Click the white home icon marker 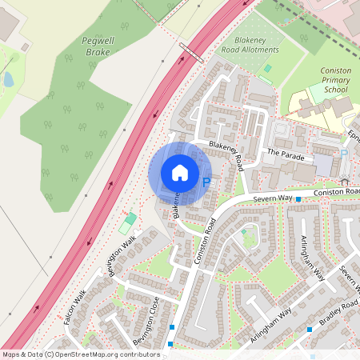point(180,172)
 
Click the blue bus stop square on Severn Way point(298,198)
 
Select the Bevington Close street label point(146,320)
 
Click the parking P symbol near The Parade point(344,153)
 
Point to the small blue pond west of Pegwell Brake point(8,79)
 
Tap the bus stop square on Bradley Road point(309,329)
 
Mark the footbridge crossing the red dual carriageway point(190,53)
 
